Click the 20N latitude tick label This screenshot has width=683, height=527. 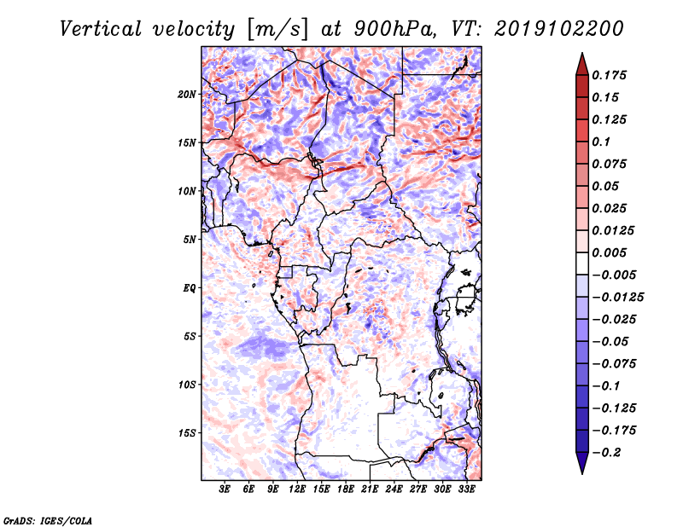coord(187,95)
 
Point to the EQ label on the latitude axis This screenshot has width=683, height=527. coord(190,288)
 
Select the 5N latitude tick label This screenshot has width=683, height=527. coord(190,240)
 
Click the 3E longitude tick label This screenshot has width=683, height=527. coord(225,489)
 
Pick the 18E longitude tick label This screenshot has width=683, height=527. coord(346,489)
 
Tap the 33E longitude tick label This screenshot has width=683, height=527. coord(466,489)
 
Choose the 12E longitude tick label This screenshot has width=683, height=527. coord(297,489)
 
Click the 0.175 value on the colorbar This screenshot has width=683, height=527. coord(609,75)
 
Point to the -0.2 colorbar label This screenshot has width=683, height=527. coord(606,453)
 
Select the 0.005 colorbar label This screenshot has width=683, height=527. coord(609,252)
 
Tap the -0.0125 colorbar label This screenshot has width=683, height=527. coord(617,298)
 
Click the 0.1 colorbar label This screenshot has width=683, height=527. coord(601,142)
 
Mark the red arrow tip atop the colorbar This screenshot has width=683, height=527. coord(582,54)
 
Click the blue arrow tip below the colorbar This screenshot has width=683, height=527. coord(582,473)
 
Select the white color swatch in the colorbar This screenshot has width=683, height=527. coord(582,263)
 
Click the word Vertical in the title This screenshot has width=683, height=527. coord(101,29)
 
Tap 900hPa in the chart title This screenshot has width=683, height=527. coord(394,29)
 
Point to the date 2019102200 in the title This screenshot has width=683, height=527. coord(559,29)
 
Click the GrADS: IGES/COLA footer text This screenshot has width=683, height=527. coord(48,521)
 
